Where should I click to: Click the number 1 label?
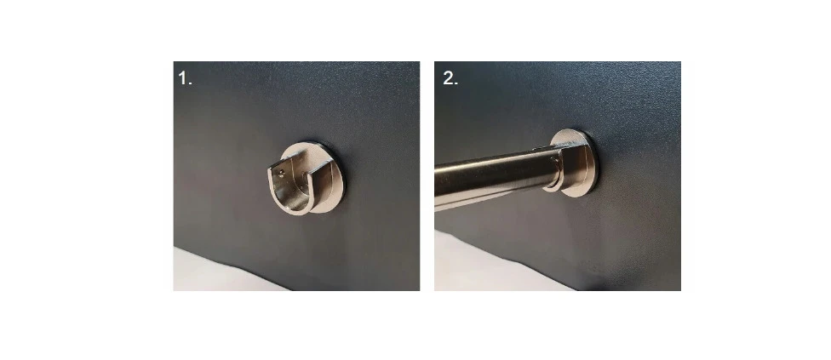[185, 78]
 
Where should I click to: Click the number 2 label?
[450, 78]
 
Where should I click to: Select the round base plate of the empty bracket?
[317, 177]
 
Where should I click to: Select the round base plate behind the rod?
[577, 163]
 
